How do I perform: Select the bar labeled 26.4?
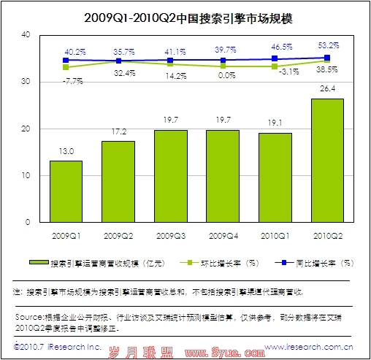[326, 160]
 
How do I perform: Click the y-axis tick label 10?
[26, 175]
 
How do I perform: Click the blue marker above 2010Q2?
[326, 58]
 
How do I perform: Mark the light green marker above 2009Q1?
[66, 67]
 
